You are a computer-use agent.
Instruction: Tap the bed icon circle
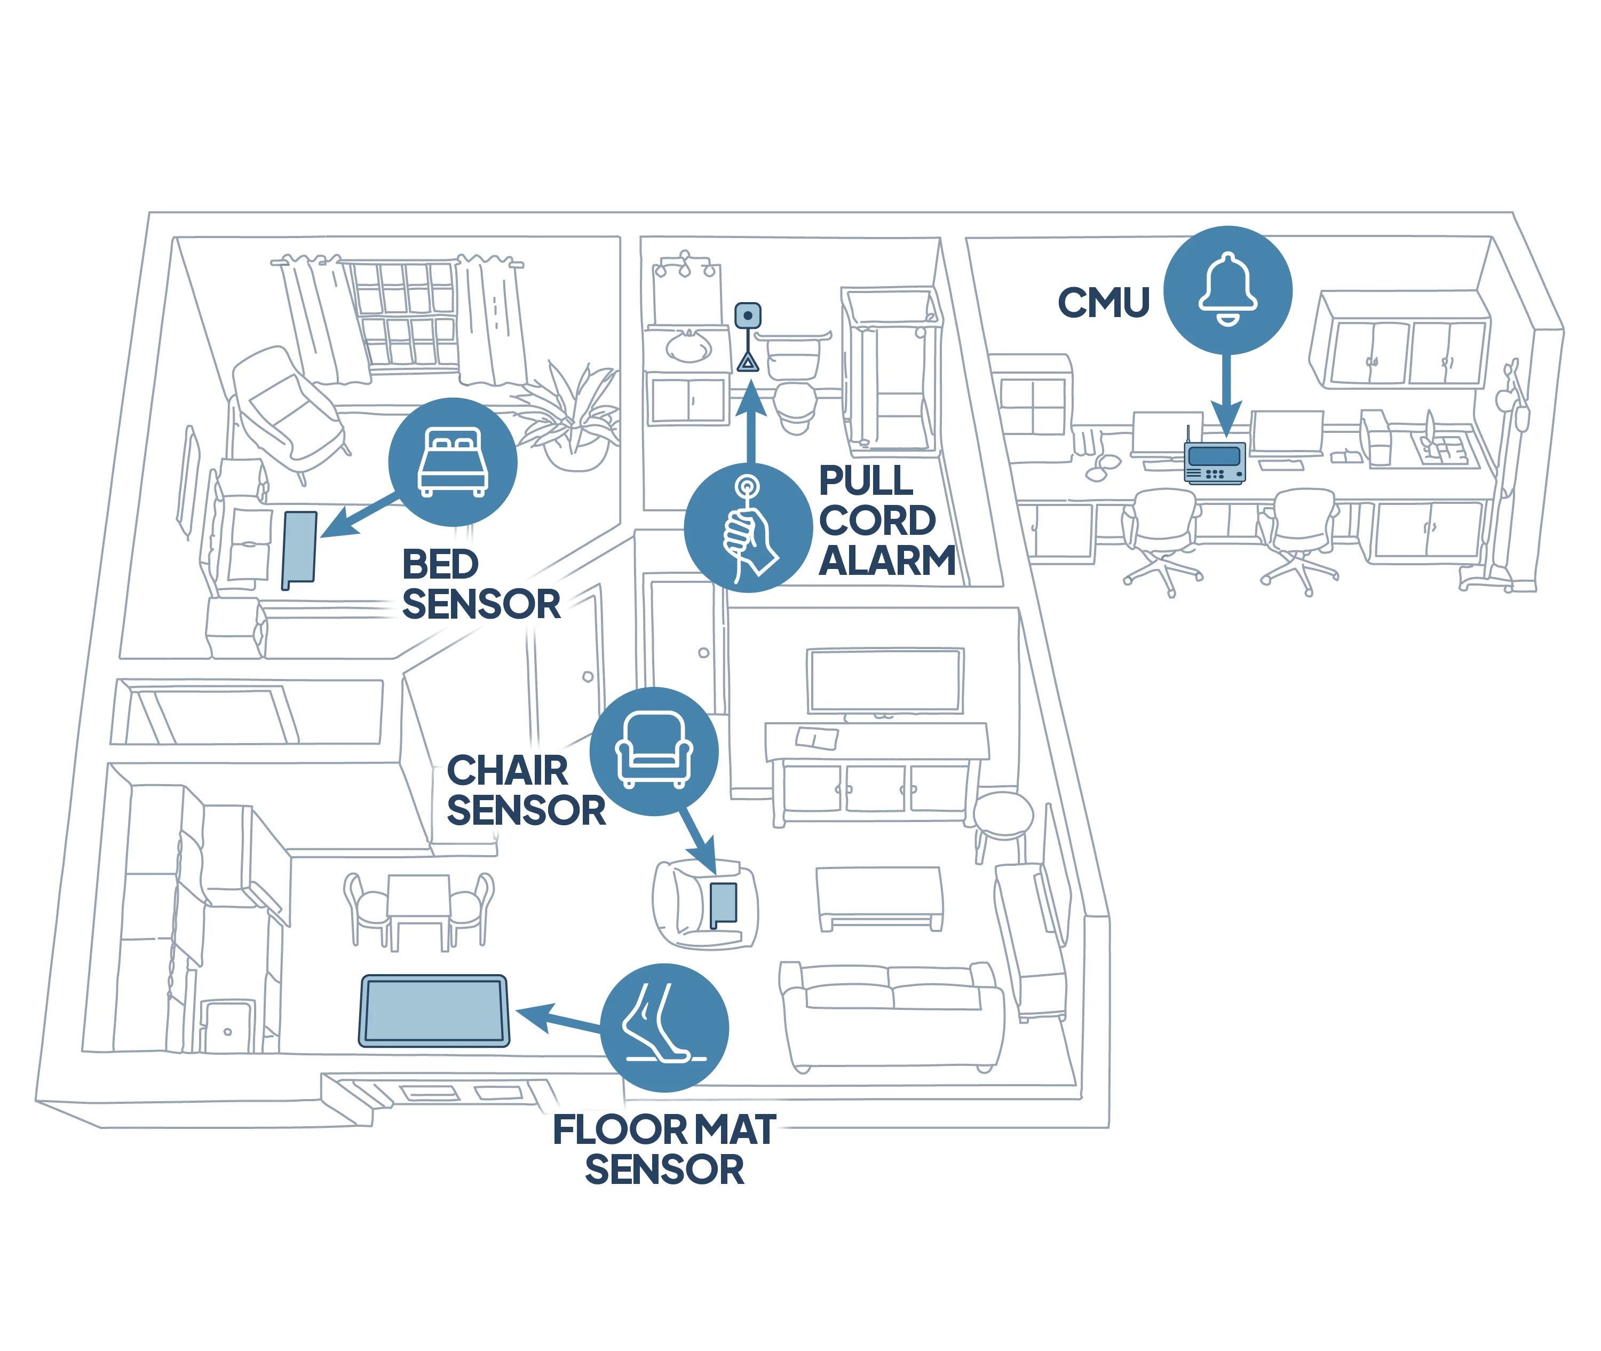point(453,462)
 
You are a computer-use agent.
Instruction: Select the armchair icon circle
point(654,750)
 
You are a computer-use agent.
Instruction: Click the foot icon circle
point(664,1027)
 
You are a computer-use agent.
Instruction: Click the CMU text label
point(1103,303)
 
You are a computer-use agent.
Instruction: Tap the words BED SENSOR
point(480,584)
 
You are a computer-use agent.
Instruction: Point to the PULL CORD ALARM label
point(886,521)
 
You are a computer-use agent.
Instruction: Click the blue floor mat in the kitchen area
point(434,1011)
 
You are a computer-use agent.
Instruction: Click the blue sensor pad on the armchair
point(724,904)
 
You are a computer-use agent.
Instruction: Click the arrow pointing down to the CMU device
point(1226,394)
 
